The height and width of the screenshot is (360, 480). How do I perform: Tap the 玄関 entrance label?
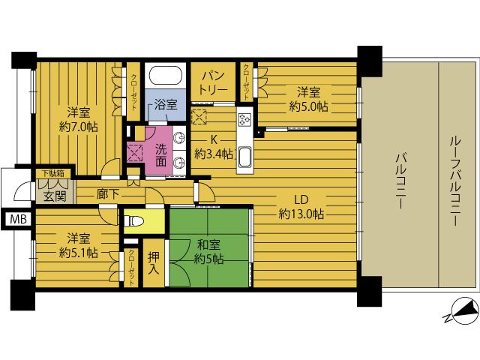pos(54,196)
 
